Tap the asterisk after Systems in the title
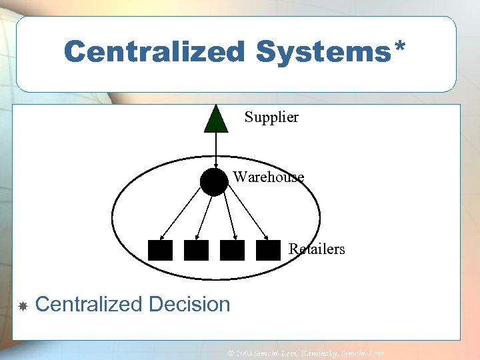pyautogui.click(x=400, y=47)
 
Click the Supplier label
pyautogui.click(x=271, y=117)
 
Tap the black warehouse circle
pyautogui.click(x=214, y=181)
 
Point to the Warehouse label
pyautogui.click(x=268, y=177)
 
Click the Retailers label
pyautogui.click(x=317, y=249)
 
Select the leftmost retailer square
pyautogui.click(x=160, y=250)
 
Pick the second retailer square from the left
pyautogui.click(x=196, y=250)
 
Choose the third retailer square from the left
pyautogui.click(x=232, y=250)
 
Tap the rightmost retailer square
pyautogui.click(x=268, y=250)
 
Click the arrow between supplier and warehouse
pyautogui.click(x=215, y=150)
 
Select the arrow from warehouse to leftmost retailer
pyautogui.click(x=183, y=213)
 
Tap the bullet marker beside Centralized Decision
pyautogui.click(x=22, y=306)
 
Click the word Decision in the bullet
pyautogui.click(x=190, y=305)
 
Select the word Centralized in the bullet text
pyautogui.click(x=89, y=305)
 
